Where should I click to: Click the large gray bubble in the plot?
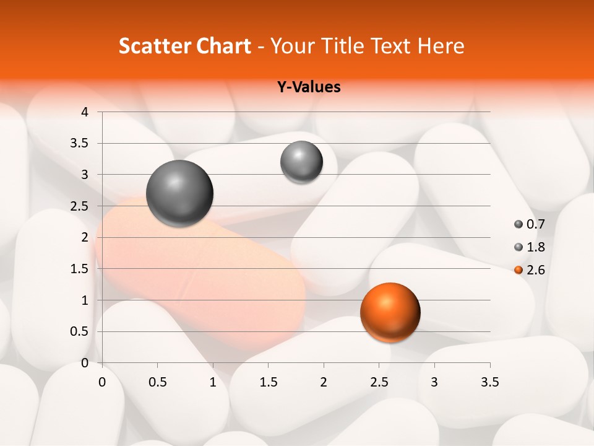point(179,193)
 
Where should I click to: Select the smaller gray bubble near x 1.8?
point(301,162)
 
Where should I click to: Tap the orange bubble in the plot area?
point(390,312)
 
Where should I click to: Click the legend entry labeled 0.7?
point(529,224)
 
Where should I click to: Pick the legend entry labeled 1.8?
point(529,247)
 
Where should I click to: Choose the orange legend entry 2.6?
point(529,270)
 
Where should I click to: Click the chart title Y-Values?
point(308,87)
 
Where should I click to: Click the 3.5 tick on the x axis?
point(489,382)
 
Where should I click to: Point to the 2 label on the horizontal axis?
point(323,382)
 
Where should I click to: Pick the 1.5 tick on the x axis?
point(268,382)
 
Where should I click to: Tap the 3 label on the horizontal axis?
point(434,382)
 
